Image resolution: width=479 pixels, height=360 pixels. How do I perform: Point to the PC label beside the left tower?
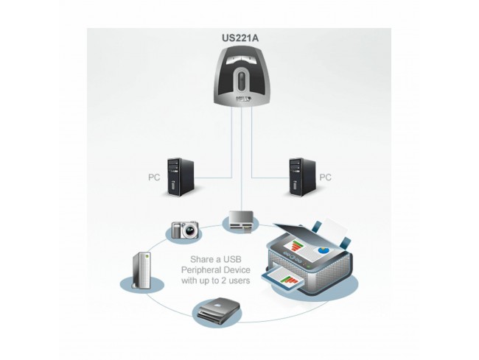click(153, 177)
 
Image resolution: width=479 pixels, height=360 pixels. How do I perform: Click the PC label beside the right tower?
click(325, 177)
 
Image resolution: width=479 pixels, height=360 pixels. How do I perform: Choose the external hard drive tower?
click(141, 272)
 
